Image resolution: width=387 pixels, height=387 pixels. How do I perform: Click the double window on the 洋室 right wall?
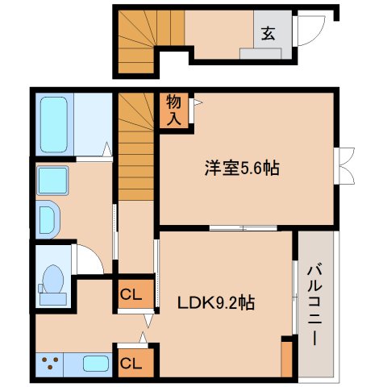point(344,165)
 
